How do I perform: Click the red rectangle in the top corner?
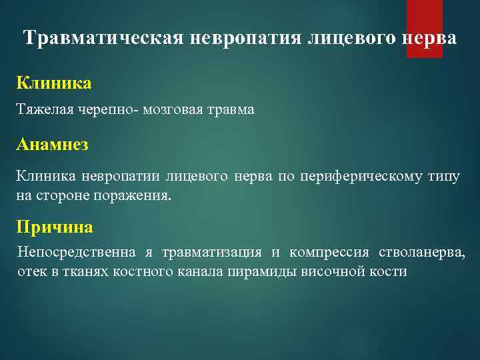click(425, 29)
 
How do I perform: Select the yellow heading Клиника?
click(54, 84)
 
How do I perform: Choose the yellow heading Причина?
click(55, 227)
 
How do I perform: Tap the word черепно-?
click(110, 109)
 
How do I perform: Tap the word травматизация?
click(208, 253)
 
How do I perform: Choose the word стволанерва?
click(422, 253)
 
